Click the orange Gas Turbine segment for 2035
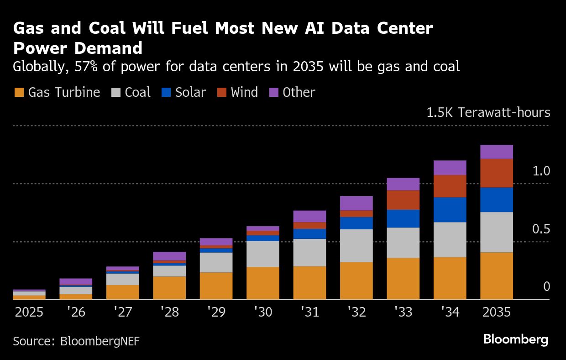point(497,275)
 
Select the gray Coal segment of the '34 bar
point(450,239)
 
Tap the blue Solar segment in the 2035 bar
point(497,200)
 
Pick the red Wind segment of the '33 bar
point(403,200)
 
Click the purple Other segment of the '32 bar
point(356,203)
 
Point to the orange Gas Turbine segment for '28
point(169,287)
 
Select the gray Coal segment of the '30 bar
point(263,254)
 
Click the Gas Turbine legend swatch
point(19,92)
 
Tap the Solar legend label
point(190,92)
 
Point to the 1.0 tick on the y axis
point(541,171)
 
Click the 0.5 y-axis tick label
point(541,229)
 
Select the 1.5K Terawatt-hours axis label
point(488,112)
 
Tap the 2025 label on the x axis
point(29,312)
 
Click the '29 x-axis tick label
point(216,312)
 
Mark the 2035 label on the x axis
point(497,312)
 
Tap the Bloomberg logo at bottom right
point(516,339)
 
